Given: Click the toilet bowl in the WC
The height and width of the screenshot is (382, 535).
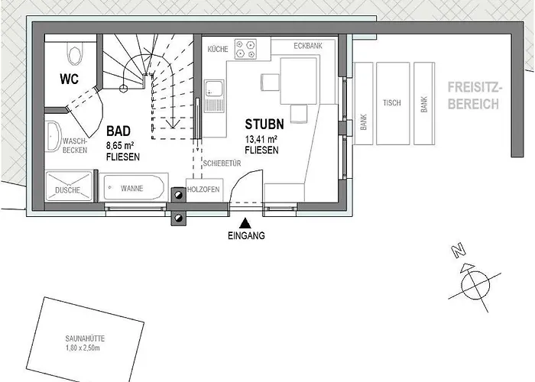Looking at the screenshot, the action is (x=75, y=53).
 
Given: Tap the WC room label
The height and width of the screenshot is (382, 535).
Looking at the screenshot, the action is (x=70, y=79).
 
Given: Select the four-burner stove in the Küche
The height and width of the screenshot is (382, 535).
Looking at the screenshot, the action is (x=245, y=49).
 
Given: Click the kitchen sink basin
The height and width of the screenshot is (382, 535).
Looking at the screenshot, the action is (x=214, y=89).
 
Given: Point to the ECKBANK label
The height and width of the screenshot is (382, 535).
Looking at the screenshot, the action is (x=308, y=46).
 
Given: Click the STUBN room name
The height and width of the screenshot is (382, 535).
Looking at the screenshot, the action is (x=264, y=124).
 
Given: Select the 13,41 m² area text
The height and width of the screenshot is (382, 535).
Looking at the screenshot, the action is (x=261, y=140).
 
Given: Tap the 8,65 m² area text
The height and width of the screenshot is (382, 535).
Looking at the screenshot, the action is (x=120, y=146).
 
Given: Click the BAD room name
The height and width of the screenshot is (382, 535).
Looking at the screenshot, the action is (x=118, y=131).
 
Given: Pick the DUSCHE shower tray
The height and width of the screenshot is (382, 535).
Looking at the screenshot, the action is (x=69, y=186).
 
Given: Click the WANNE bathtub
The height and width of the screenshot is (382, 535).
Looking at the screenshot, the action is (x=134, y=188).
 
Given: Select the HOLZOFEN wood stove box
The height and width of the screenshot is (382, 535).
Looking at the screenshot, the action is (x=204, y=189).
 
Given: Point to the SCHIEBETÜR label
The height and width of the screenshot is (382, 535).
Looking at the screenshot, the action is (x=222, y=163).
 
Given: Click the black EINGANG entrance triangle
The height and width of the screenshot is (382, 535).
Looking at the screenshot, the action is (x=245, y=223).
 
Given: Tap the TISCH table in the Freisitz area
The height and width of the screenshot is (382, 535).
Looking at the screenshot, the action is (x=393, y=103).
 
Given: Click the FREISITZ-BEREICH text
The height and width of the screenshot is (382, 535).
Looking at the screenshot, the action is (x=475, y=95).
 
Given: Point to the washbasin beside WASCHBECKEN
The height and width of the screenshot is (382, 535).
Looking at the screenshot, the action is (x=53, y=137).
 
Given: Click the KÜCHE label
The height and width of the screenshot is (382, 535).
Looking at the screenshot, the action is (x=218, y=49).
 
